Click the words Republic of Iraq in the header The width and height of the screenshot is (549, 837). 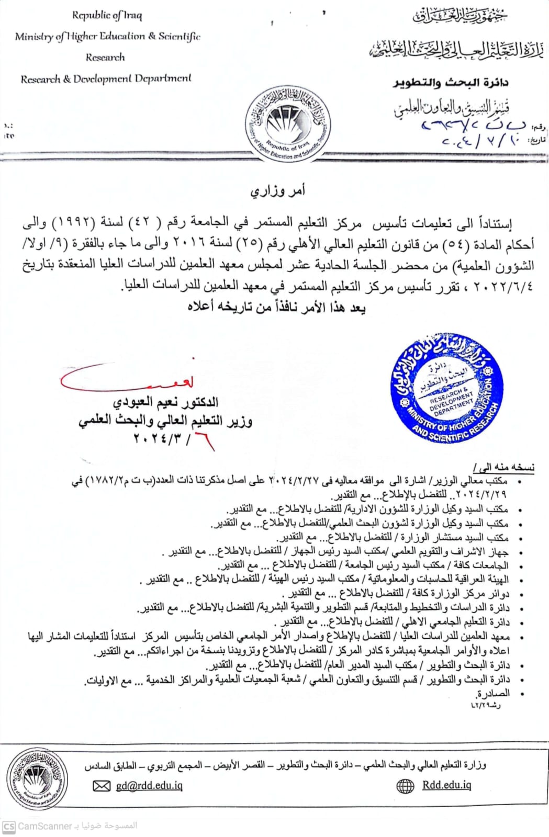click(x=107, y=15)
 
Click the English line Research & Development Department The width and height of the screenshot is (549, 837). click(x=106, y=79)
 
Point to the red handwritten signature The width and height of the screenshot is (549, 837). click(x=128, y=380)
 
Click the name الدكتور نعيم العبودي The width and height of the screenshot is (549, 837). click(x=165, y=402)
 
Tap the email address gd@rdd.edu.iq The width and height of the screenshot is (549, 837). click(x=149, y=785)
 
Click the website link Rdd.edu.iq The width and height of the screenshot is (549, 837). click(x=446, y=785)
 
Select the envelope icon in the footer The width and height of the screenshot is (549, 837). click(x=102, y=786)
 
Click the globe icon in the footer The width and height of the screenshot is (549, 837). click(x=406, y=786)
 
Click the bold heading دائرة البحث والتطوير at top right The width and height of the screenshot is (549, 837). click(x=451, y=83)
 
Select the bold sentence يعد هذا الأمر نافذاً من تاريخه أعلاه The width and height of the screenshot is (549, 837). click(x=276, y=307)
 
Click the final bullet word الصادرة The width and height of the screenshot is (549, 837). click(x=492, y=694)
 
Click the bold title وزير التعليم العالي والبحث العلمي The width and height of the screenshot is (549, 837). click(x=165, y=421)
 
